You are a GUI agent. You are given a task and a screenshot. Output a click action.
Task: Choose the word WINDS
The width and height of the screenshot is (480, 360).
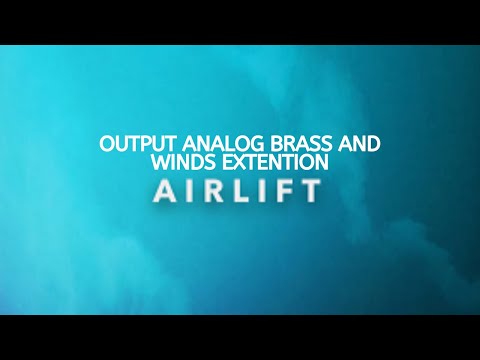177,161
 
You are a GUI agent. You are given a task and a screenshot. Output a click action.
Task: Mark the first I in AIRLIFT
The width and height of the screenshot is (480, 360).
191,190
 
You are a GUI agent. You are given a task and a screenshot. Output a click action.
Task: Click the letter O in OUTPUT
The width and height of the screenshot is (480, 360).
107,143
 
